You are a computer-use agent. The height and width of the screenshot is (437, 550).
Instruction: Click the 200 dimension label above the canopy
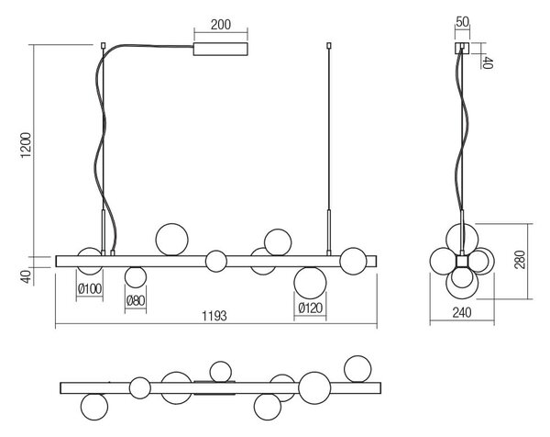[x=221, y=25]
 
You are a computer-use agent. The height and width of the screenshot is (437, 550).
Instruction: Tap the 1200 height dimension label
[x=27, y=145]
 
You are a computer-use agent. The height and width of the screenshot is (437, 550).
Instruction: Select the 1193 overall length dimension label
[x=214, y=316]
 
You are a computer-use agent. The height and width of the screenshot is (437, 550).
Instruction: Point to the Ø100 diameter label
[x=90, y=289]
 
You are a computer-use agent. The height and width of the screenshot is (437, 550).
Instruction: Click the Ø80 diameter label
[x=136, y=301]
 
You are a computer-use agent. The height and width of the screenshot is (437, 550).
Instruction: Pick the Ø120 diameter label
[x=310, y=308]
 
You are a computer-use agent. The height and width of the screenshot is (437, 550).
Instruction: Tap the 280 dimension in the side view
[x=520, y=260]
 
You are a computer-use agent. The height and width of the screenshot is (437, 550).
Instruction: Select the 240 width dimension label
[x=462, y=312]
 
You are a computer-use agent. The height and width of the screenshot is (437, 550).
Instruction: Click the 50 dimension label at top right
[x=462, y=22]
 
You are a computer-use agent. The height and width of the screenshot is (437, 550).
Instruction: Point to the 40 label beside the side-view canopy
[x=488, y=62]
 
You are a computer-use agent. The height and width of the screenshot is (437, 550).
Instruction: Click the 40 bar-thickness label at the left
[x=27, y=276]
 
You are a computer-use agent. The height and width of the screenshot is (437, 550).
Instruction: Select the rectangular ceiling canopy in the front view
[x=221, y=50]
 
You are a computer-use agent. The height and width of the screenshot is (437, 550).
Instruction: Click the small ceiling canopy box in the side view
[x=462, y=48]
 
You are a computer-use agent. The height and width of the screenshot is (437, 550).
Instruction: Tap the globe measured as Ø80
[x=136, y=277]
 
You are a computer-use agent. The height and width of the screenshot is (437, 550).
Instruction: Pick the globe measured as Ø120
[x=310, y=283]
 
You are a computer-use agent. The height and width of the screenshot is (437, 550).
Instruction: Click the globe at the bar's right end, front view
[x=353, y=261]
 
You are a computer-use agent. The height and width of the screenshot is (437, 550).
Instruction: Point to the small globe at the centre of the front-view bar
[x=216, y=261]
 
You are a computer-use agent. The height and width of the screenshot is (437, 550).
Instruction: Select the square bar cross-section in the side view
[x=462, y=262]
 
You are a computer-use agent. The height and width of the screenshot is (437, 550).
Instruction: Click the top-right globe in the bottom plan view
[x=357, y=369]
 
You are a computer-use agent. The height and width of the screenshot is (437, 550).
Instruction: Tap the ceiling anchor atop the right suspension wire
[x=329, y=46]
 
